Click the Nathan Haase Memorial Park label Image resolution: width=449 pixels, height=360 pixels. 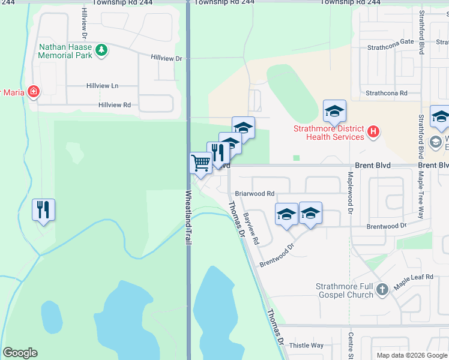click(x=65, y=51)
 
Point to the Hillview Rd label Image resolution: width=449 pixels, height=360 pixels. click(x=115, y=105)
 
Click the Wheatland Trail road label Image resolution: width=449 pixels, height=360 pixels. click(x=188, y=217)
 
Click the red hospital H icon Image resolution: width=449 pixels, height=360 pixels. click(x=373, y=131)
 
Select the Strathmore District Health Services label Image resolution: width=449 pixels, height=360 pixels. click(x=328, y=133)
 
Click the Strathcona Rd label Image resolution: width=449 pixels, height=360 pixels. click(x=387, y=94)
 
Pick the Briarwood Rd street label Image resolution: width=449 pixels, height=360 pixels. click(x=254, y=194)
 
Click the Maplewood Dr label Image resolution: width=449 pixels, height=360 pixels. click(x=350, y=187)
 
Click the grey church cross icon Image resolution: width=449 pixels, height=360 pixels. click(x=382, y=291)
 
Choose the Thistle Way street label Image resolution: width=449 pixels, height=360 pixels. click(x=306, y=346)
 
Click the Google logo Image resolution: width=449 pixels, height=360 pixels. click(x=20, y=353)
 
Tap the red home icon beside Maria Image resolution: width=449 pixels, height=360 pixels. click(x=34, y=92)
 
